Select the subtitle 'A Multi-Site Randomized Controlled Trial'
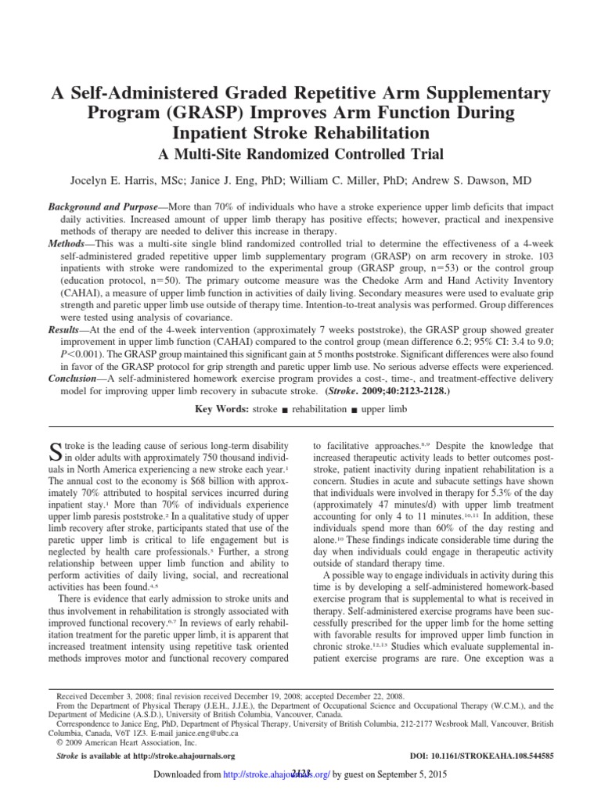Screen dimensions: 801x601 [300, 153]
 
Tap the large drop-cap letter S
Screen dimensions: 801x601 [55, 450]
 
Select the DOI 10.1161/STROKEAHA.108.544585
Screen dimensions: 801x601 [480, 758]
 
